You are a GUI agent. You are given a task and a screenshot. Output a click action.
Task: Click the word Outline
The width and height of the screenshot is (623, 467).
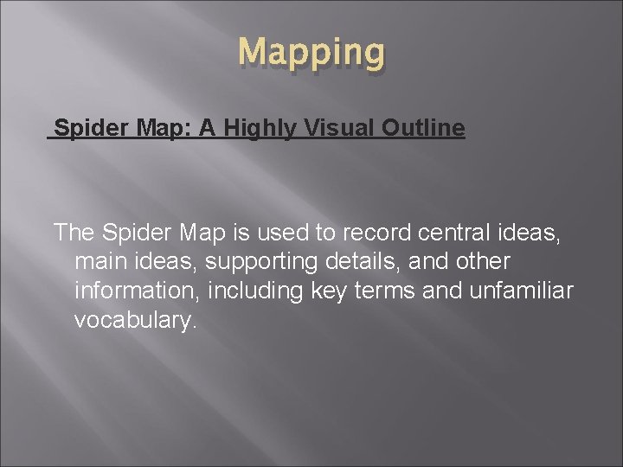click(421, 130)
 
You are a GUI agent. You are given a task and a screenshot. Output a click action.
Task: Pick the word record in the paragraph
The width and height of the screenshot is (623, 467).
click(373, 232)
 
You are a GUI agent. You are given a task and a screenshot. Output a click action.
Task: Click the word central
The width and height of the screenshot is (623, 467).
click(440, 232)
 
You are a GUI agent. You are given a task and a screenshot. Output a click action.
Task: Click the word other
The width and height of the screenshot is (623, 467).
click(482, 261)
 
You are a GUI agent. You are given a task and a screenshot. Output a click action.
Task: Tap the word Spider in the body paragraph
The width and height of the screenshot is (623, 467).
click(138, 232)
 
